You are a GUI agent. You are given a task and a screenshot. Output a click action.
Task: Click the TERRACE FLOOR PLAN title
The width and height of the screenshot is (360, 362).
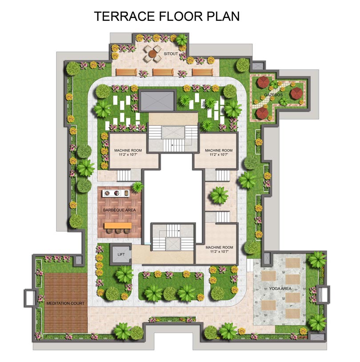(167, 16)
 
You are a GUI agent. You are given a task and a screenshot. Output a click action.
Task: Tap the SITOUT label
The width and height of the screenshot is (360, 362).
(171, 54)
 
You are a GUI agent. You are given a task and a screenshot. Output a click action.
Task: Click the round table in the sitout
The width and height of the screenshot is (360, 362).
(152, 54)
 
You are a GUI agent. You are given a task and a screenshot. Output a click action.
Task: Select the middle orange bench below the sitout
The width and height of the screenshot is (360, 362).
(163, 72)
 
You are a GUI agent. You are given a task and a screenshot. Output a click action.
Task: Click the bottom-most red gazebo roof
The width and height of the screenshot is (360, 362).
(261, 113)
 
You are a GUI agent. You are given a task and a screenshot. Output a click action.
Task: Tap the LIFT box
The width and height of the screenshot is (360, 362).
(121, 254)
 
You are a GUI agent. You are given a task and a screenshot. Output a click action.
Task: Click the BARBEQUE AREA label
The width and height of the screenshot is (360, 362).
(119, 210)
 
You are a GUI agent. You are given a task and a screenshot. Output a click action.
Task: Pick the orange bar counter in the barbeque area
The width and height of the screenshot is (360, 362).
(118, 225)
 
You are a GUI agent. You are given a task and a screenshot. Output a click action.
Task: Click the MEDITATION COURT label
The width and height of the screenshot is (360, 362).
(65, 303)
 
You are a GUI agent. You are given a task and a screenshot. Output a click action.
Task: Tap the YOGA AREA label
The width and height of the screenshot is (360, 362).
(280, 289)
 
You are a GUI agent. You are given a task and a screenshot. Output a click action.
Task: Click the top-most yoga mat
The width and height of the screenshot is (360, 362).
(292, 262)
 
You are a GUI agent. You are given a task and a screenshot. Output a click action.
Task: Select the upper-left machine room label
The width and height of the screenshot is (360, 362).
(128, 153)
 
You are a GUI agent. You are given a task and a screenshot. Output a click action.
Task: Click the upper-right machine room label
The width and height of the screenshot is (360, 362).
(219, 153)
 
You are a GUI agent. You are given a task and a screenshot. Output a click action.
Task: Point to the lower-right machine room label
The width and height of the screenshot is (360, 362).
(219, 249)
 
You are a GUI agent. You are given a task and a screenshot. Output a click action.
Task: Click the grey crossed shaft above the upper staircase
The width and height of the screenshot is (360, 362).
(157, 101)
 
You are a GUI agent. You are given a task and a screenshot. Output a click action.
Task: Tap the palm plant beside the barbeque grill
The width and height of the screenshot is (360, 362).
(137, 186)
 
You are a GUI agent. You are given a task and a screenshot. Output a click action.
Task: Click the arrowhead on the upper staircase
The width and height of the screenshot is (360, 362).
(172, 145)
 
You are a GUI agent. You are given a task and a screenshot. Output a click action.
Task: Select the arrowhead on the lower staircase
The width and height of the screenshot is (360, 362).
(179, 230)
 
